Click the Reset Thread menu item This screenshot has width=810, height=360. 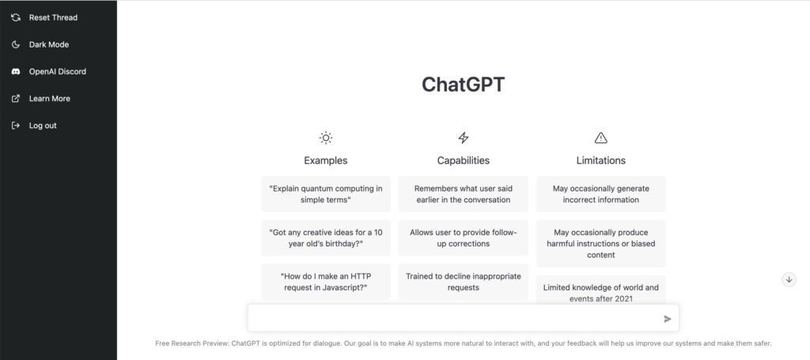53,17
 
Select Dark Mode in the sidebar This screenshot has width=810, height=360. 48,44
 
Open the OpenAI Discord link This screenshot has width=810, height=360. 57,71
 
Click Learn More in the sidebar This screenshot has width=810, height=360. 49,98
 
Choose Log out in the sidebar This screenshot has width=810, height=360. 43,125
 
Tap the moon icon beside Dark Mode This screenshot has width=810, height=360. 15,44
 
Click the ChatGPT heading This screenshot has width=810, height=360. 463,85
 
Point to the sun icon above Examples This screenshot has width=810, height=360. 326,138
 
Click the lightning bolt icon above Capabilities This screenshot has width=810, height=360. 464,138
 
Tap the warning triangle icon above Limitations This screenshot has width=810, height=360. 601,138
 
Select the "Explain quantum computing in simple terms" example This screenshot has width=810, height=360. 326,194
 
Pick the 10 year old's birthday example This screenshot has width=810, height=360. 326,238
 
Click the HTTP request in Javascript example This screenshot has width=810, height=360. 326,282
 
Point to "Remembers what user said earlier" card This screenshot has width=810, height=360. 464,194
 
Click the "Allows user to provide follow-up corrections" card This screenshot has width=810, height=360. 464,238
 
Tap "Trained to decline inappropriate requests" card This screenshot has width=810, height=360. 464,282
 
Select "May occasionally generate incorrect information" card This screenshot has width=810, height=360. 601,194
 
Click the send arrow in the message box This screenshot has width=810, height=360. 667,319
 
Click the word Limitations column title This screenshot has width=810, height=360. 601,161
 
